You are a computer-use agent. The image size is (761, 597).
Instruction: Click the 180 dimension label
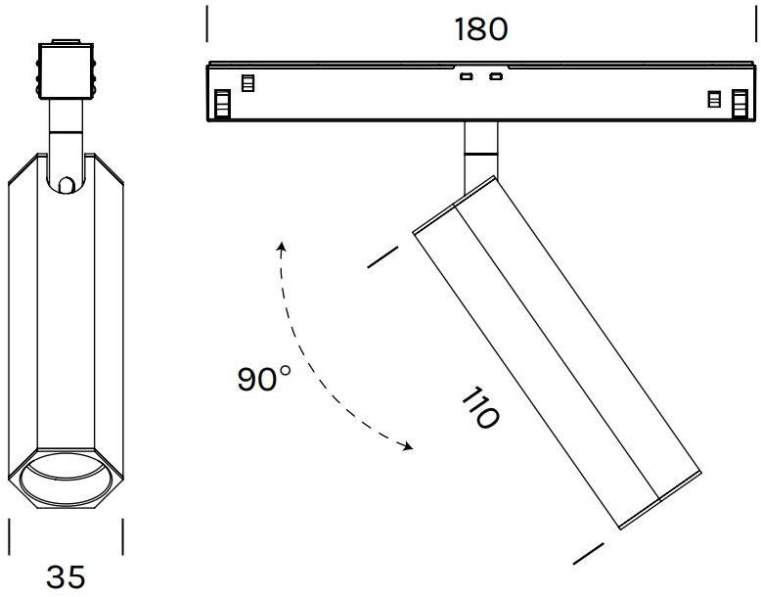(x=481, y=29)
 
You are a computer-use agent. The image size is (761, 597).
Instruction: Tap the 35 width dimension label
(x=67, y=576)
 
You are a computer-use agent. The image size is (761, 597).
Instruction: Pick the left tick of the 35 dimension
(x=10, y=536)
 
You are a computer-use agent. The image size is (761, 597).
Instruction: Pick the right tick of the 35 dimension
(x=122, y=536)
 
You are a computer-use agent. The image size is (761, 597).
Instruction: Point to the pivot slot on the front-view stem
(x=65, y=183)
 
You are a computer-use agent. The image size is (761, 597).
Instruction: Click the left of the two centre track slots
(x=467, y=76)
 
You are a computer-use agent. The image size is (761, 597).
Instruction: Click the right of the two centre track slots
(x=496, y=76)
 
